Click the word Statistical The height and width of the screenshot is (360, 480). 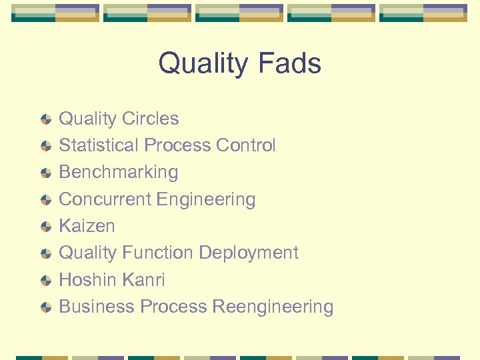[99, 145]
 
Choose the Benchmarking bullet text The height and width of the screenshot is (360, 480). [119, 172]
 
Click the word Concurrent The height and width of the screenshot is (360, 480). [105, 199]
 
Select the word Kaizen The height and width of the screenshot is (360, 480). [87, 226]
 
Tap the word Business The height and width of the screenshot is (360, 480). [97, 306]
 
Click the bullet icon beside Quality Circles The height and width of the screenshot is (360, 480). [45, 119]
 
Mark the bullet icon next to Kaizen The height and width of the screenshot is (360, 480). [45, 227]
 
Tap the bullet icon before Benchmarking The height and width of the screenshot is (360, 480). [45, 173]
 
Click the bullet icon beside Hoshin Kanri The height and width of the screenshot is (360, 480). [45, 280]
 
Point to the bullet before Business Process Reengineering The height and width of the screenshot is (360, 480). [45, 307]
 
